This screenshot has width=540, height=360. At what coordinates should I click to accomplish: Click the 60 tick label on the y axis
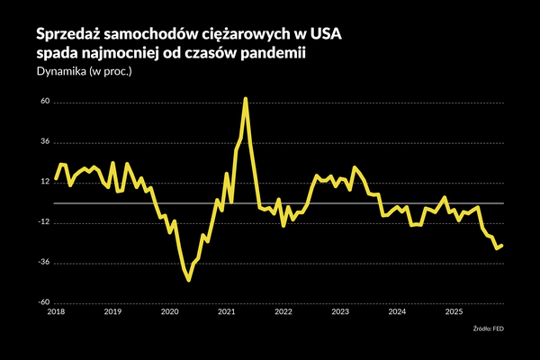(x=44, y=103)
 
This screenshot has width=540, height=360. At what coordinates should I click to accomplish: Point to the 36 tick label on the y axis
(x=44, y=142)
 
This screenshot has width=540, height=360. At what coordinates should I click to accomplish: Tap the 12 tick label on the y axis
(x=44, y=183)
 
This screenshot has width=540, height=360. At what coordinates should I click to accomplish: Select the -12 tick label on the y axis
(x=42, y=223)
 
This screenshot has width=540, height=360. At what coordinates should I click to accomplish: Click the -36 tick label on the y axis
(x=42, y=264)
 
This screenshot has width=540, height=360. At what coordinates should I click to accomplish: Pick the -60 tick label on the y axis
(x=42, y=303)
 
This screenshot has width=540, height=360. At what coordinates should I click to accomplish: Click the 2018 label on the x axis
(x=56, y=312)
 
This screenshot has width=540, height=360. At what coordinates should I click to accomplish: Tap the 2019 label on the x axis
(x=112, y=312)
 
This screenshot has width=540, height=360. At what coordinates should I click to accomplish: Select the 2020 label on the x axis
(x=169, y=312)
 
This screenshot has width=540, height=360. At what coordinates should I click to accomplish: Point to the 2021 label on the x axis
(x=227, y=312)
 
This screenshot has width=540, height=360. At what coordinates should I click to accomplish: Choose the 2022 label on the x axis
(x=283, y=312)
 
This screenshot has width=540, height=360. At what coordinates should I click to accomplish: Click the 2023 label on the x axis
(x=340, y=312)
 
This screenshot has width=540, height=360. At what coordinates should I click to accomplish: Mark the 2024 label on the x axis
(x=397, y=312)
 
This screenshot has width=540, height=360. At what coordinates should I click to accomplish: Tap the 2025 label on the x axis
(x=454, y=312)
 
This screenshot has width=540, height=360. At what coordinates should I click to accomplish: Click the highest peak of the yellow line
(x=246, y=99)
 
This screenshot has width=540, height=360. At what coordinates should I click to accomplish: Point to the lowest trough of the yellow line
(x=189, y=280)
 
